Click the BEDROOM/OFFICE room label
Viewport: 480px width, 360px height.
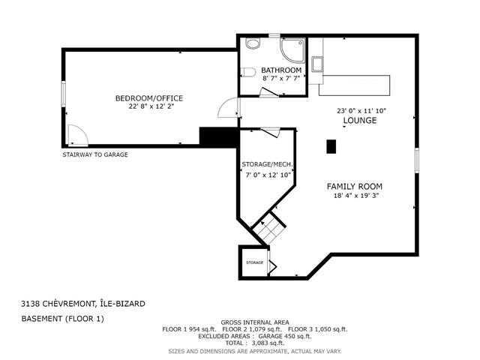pyautogui.click(x=148, y=98)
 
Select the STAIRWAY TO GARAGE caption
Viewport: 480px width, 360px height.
pyautogui.click(x=94, y=154)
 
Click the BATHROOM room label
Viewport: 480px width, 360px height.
pyautogui.click(x=281, y=70)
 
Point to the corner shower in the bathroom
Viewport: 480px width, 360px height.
pyautogui.click(x=292, y=49)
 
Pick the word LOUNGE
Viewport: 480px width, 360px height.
pyautogui.click(x=359, y=120)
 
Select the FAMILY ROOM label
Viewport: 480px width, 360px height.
pyautogui.click(x=354, y=186)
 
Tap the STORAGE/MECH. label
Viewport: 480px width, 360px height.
pyautogui.click(x=266, y=164)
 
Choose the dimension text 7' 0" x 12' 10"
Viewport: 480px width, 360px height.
pyautogui.click(x=266, y=175)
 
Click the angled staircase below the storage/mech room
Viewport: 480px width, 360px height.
pyautogui.click(x=269, y=229)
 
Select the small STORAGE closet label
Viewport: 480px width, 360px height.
pyautogui.click(x=255, y=262)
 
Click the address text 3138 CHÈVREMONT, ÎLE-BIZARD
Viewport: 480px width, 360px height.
pyautogui.click(x=83, y=304)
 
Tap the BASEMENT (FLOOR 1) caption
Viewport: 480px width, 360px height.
pyautogui.click(x=62, y=319)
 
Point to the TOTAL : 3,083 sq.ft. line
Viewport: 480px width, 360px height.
pyautogui.click(x=255, y=342)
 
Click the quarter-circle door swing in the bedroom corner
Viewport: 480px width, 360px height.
pyautogui.click(x=76, y=136)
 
